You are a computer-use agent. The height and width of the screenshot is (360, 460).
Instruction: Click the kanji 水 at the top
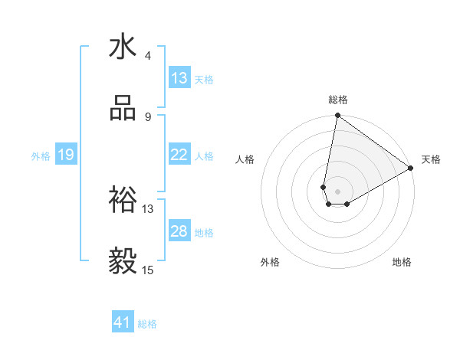click(123, 47)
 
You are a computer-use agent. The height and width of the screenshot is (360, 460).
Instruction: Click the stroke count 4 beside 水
click(147, 56)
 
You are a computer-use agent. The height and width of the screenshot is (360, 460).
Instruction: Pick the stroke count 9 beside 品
click(147, 117)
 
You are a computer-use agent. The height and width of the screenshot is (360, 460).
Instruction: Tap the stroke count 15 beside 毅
click(148, 270)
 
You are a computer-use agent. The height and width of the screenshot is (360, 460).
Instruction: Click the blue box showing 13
click(179, 78)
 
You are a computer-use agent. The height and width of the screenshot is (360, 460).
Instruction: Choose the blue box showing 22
click(179, 155)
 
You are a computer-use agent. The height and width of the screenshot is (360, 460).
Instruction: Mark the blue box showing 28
click(179, 231)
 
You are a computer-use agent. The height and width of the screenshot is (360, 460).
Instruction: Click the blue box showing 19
click(65, 155)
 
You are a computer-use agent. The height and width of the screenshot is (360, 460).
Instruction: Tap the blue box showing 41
click(123, 323)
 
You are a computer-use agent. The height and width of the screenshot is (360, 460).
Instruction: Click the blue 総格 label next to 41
click(147, 325)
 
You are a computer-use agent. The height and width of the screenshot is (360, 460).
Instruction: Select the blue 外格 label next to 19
click(40, 156)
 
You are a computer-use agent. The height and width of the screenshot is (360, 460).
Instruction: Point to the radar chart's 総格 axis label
click(338, 100)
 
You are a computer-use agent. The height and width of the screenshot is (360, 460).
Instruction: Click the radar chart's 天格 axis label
click(431, 159)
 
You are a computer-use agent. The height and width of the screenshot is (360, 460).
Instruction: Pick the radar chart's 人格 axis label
click(245, 159)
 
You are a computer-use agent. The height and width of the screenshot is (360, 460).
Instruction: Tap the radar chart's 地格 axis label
click(402, 262)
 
